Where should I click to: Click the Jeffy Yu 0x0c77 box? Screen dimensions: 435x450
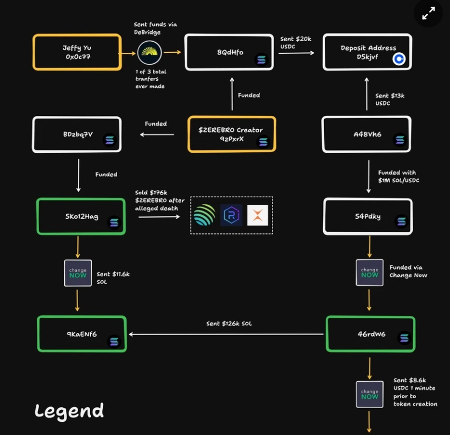(x=77, y=52)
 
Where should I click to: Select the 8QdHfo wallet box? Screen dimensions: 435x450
(x=229, y=52)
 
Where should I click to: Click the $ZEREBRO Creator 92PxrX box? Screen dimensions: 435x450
(x=231, y=134)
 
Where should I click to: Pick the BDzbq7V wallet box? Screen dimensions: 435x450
(x=77, y=134)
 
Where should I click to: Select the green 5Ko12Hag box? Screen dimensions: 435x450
(x=81, y=216)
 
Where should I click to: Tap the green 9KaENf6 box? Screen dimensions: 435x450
(x=81, y=334)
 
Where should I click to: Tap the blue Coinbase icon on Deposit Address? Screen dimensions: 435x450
(x=399, y=58)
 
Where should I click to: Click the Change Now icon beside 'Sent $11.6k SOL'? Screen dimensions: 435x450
(x=77, y=272)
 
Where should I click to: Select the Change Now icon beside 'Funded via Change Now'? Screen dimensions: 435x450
(x=370, y=272)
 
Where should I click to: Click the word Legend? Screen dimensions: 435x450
(x=69, y=411)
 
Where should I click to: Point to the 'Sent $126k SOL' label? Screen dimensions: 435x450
(x=229, y=324)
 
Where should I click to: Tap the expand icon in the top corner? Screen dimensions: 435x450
(x=428, y=15)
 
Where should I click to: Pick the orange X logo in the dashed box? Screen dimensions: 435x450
(x=258, y=215)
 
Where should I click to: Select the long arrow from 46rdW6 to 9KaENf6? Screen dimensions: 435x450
(x=225, y=334)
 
